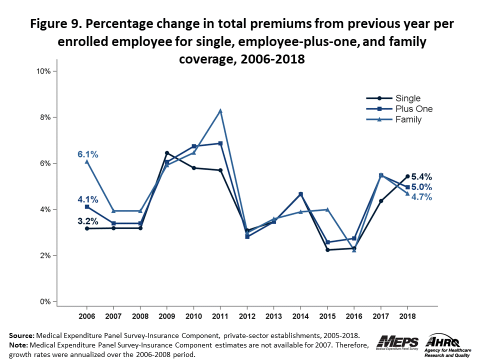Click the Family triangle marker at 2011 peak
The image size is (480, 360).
coord(220,110)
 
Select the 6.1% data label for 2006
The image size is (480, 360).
coord(87,154)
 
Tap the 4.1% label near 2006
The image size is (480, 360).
coord(87,199)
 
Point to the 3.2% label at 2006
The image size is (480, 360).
coord(87,221)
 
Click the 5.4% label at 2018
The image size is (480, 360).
coord(421,176)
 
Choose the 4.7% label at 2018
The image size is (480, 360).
coord(421,197)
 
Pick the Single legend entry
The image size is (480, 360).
coord(408,98)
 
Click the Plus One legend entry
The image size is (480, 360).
coord(414,109)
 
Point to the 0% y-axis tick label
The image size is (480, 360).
coord(45,301)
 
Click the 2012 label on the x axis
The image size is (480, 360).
coord(247,317)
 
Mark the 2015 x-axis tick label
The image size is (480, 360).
coord(327,317)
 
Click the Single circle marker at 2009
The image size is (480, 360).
coord(167,153)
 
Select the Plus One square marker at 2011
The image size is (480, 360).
coord(220,143)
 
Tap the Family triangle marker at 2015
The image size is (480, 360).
coord(327,209)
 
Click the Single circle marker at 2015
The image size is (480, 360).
coord(327,250)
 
